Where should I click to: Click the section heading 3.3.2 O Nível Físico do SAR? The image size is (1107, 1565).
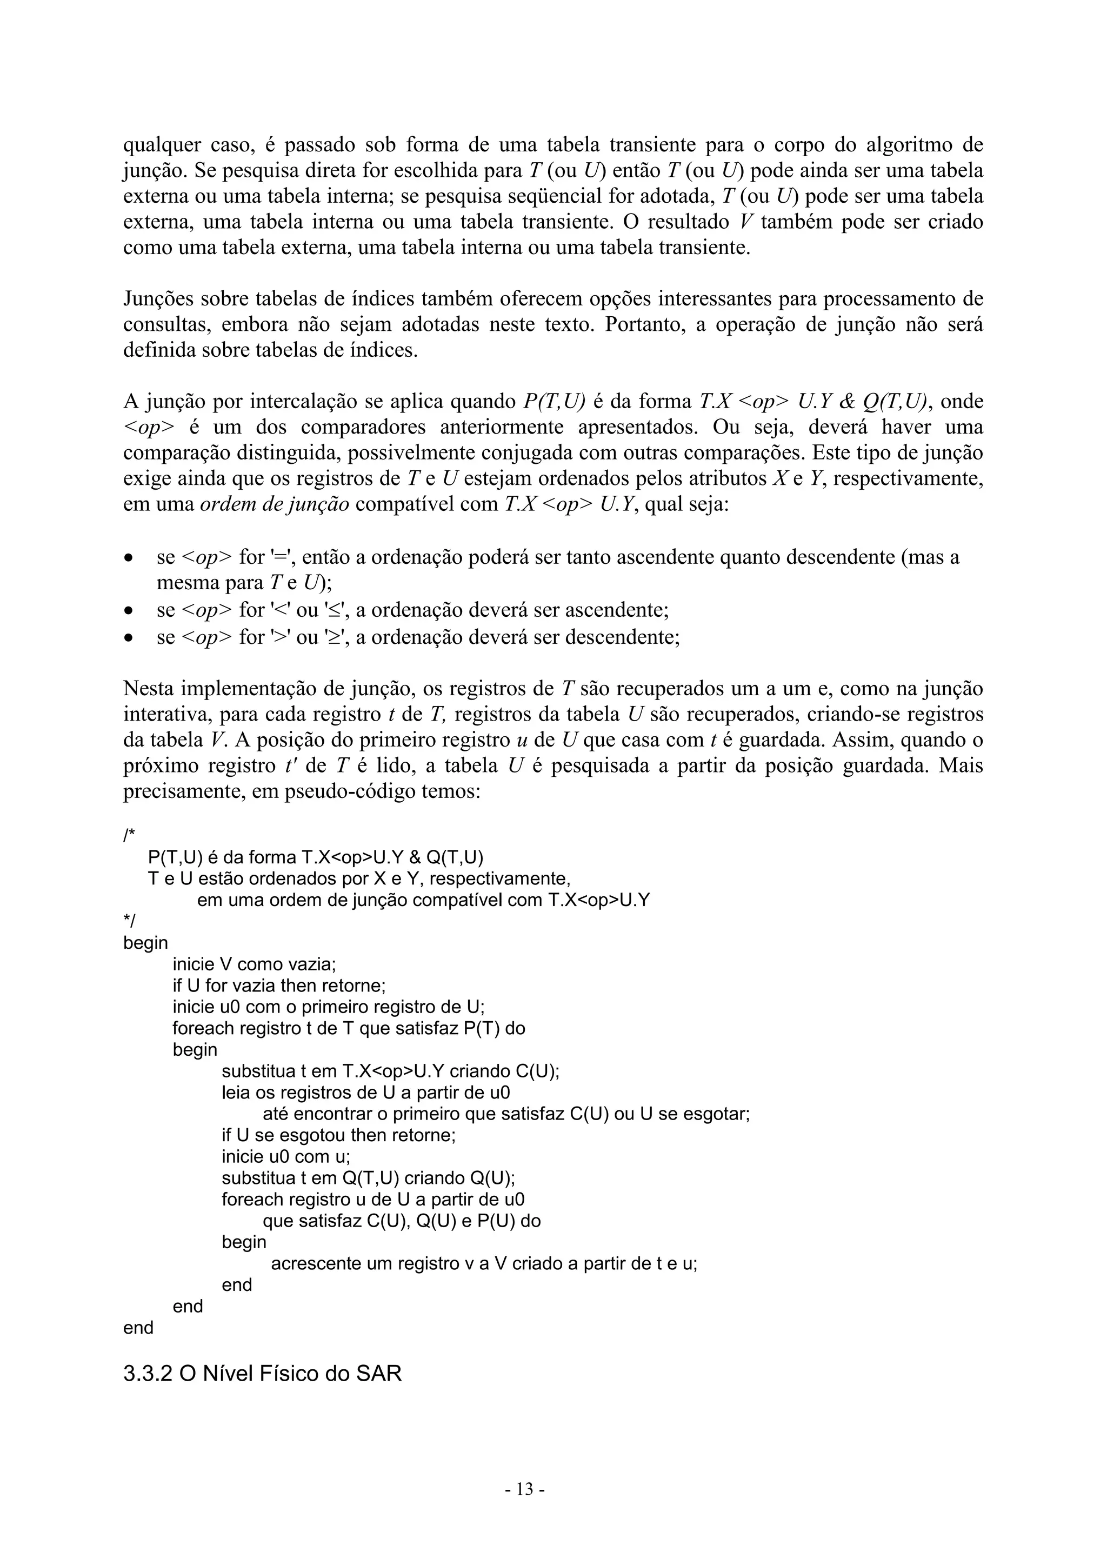click(x=263, y=1373)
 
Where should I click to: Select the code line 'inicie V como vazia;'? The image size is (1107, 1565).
click(x=254, y=964)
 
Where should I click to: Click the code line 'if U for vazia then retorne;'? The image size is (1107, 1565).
click(x=279, y=985)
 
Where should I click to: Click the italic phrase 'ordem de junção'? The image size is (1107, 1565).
click(x=274, y=505)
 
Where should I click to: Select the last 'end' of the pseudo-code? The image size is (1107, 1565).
click(x=138, y=1327)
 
